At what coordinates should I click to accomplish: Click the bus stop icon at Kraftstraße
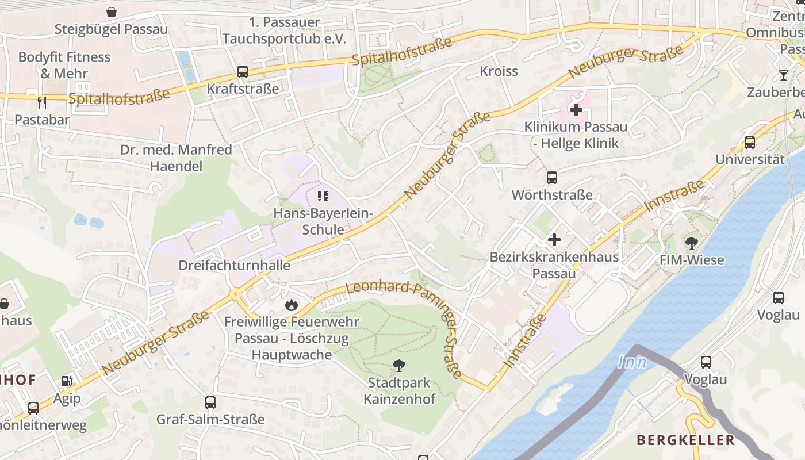[243, 72]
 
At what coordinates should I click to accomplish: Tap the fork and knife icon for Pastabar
[41, 103]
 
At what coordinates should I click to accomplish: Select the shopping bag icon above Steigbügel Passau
[112, 11]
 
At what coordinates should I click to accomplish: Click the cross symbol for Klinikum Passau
[576, 109]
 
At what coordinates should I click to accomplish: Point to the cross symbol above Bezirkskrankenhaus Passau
[554, 240]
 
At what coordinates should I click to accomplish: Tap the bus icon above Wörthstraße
[552, 178]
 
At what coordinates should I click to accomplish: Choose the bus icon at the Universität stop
[750, 142]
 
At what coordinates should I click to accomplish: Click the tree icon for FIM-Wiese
[692, 243]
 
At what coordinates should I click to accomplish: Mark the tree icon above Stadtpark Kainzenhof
[398, 365]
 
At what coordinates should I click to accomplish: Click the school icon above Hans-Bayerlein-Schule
[324, 197]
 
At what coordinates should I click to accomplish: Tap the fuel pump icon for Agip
[67, 381]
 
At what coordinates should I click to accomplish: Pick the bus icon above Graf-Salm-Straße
[210, 402]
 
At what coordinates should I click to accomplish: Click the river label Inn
[632, 362]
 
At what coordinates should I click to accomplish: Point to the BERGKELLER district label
[685, 440]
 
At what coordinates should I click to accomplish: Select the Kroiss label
[499, 71]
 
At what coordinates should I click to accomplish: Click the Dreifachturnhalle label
[234, 266]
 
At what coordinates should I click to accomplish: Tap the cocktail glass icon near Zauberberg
[783, 75]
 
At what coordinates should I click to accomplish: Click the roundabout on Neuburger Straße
[236, 294]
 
